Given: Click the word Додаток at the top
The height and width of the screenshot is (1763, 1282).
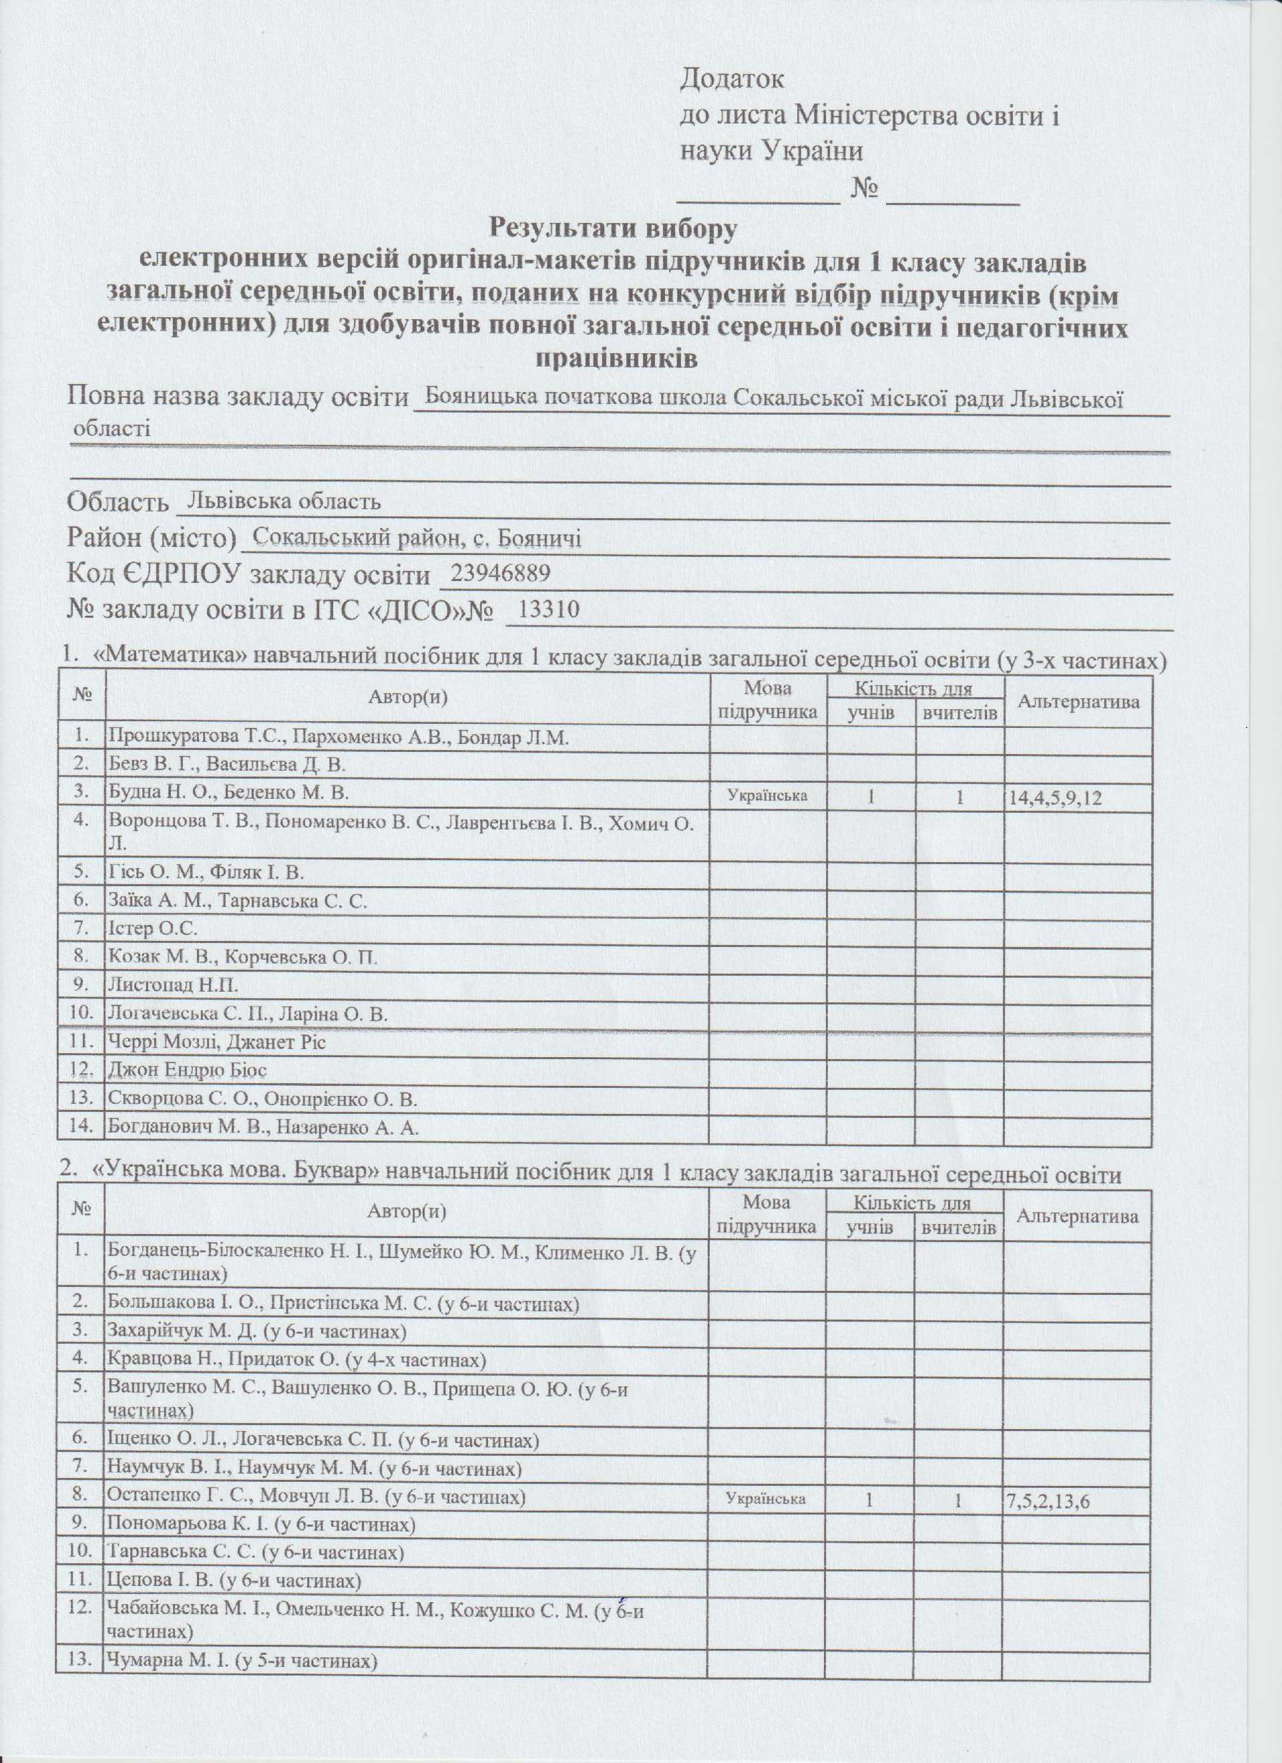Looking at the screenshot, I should coord(732,79).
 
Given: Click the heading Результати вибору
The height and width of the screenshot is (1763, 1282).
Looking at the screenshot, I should coord(613,228).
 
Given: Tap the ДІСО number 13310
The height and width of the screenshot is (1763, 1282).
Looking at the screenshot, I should coord(549,610).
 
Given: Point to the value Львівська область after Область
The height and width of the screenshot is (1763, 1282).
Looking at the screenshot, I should coord(280,501).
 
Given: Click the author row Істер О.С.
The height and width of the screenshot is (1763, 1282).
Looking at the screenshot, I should coord(152,928).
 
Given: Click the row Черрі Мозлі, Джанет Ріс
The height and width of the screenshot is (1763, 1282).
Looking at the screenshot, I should coord(217,1042).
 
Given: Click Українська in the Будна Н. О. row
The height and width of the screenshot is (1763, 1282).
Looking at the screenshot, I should coord(767,795).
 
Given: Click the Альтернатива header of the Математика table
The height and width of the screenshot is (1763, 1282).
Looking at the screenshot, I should coord(1078,702).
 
